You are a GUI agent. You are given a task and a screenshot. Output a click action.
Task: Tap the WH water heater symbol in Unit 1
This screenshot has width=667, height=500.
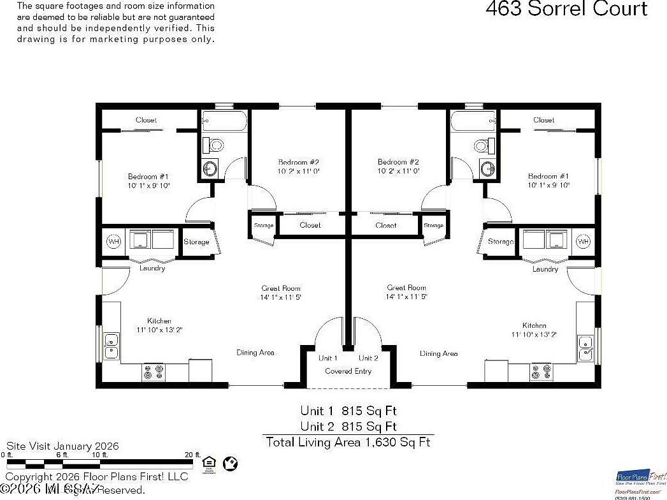(x=113, y=242)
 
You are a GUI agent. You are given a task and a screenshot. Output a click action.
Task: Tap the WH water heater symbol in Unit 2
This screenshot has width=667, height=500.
(x=583, y=242)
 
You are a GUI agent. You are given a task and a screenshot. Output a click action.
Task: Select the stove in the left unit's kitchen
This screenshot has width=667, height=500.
(x=153, y=372)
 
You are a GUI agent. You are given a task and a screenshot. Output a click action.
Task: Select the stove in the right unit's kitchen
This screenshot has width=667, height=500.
(x=541, y=372)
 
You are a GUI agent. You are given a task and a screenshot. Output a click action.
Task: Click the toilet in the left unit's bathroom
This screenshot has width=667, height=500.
(x=216, y=144)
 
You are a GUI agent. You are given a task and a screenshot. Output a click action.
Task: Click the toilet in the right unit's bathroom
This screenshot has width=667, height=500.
(x=481, y=144)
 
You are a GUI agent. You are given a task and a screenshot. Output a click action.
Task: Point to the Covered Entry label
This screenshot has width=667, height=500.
(x=348, y=371)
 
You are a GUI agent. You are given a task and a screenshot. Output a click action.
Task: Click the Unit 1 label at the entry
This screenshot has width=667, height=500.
(x=328, y=358)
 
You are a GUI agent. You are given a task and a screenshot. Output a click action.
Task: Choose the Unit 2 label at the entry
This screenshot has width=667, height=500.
(x=368, y=358)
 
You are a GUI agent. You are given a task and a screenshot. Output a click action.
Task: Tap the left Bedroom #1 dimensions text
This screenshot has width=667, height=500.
(x=148, y=186)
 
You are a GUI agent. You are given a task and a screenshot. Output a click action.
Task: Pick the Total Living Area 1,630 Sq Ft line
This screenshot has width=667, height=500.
(x=348, y=442)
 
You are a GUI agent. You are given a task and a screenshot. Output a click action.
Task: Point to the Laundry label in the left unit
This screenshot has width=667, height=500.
(x=152, y=268)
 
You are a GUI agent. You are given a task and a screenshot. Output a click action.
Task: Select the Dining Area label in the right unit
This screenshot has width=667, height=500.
(x=438, y=353)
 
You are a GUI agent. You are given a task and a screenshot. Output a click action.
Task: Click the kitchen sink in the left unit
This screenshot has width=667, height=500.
(x=111, y=346)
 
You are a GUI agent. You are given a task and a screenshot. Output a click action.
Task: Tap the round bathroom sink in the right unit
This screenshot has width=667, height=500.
(x=487, y=169)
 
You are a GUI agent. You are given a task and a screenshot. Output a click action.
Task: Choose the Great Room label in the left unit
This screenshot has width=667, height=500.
(x=281, y=288)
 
